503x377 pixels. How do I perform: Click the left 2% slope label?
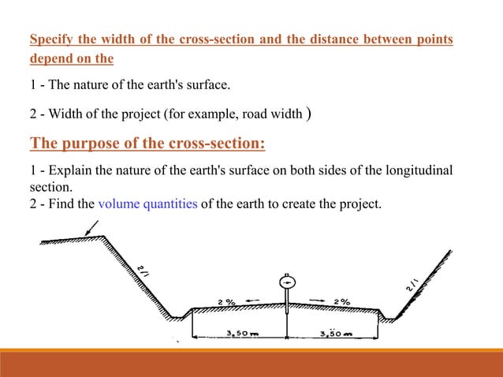(x=226, y=301)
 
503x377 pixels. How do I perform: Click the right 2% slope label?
(x=342, y=301)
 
